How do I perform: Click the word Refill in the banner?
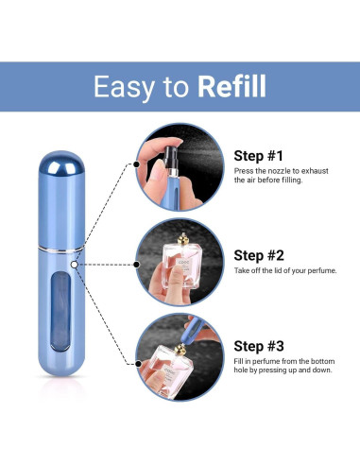click(231, 86)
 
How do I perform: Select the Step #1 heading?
click(258, 156)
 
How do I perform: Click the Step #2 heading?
click(259, 255)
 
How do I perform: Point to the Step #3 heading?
click(259, 346)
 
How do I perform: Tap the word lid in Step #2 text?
click(279, 270)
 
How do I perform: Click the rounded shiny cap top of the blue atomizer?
click(61, 164)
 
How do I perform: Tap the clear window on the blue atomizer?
click(60, 312)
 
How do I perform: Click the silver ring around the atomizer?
click(61, 250)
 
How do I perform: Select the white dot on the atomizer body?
click(74, 265)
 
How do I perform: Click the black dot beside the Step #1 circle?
click(136, 164)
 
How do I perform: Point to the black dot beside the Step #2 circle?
click(136, 265)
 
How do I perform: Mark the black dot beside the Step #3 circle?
click(138, 364)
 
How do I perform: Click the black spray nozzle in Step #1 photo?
click(171, 157)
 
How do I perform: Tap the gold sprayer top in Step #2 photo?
click(183, 239)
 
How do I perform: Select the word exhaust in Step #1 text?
click(315, 171)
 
